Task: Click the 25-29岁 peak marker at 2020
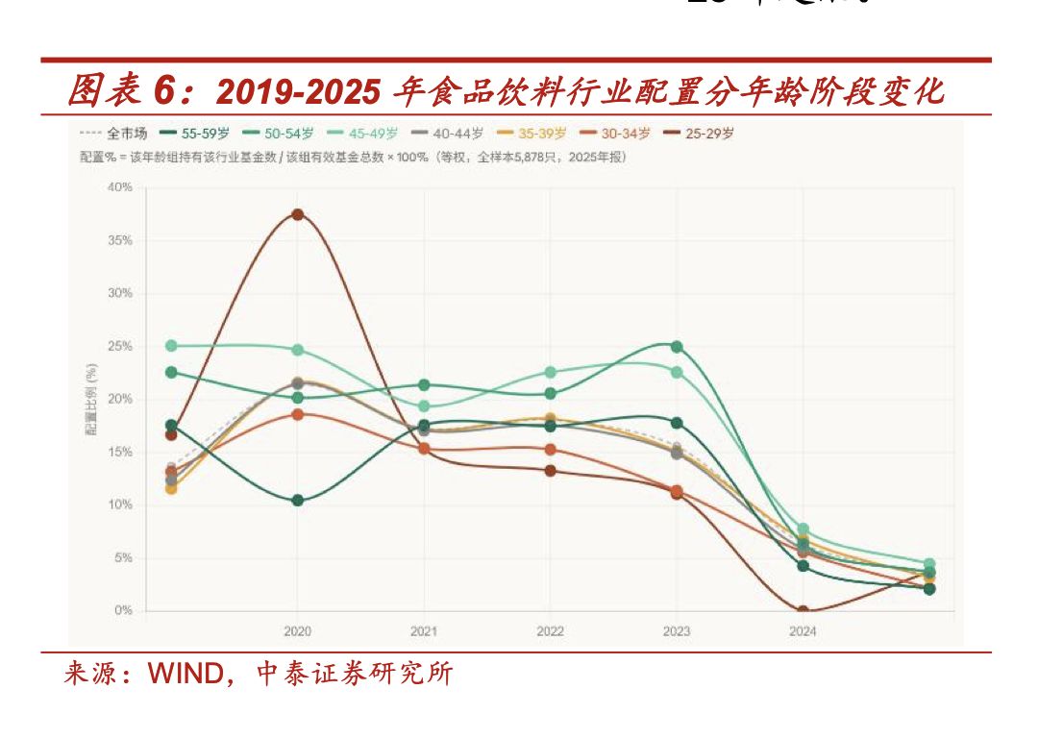[298, 214]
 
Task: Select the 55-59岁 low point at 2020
[298, 501]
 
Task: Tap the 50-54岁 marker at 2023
[677, 347]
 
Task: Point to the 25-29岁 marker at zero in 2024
[803, 611]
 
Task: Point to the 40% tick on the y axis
[120, 187]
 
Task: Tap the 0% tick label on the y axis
[123, 611]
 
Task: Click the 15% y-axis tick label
[120, 453]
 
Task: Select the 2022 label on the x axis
[550, 631]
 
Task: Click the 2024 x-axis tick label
[803, 631]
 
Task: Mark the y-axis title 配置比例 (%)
[91, 400]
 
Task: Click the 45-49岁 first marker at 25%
[171, 346]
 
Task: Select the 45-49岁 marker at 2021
[424, 406]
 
